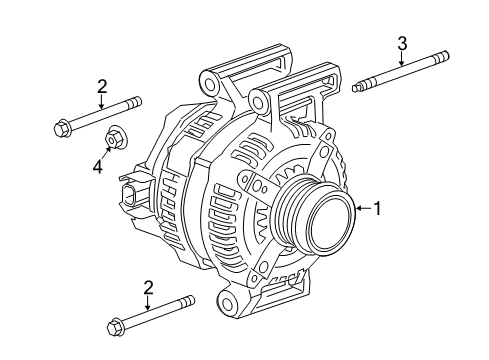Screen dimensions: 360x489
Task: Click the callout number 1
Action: (378, 208)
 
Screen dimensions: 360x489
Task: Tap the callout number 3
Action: (402, 42)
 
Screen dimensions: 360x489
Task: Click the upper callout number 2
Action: (102, 88)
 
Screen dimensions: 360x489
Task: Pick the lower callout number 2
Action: (148, 288)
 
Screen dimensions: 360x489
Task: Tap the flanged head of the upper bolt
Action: (61, 127)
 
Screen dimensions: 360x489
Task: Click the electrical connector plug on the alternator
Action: (132, 196)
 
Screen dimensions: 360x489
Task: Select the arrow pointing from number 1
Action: (363, 208)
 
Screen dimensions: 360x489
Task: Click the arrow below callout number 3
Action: (402, 60)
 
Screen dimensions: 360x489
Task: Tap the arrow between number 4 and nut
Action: (104, 151)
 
